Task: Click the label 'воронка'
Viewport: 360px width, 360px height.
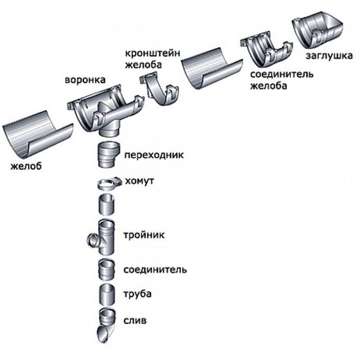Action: coord(85,81)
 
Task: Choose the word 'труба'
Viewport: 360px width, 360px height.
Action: coord(137,295)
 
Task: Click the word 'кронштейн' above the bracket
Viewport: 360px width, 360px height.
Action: coord(153,54)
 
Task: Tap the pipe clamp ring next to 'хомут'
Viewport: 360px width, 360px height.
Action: coord(108,183)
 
